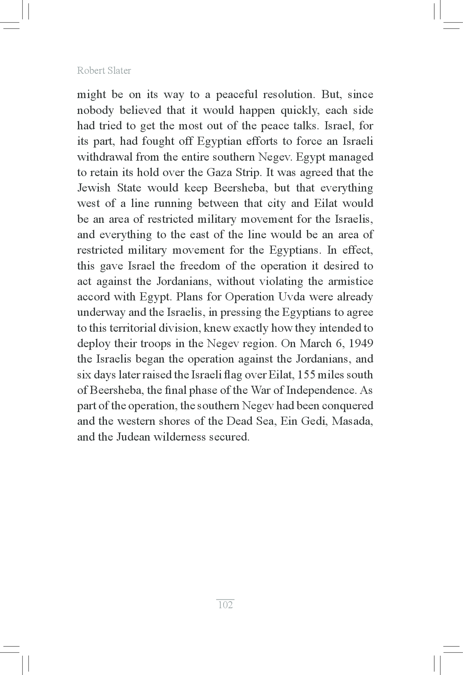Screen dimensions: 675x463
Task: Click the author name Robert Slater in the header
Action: pos(104,71)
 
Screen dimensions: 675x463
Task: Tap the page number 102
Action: pos(226,605)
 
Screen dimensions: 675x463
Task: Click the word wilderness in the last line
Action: pos(179,437)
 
